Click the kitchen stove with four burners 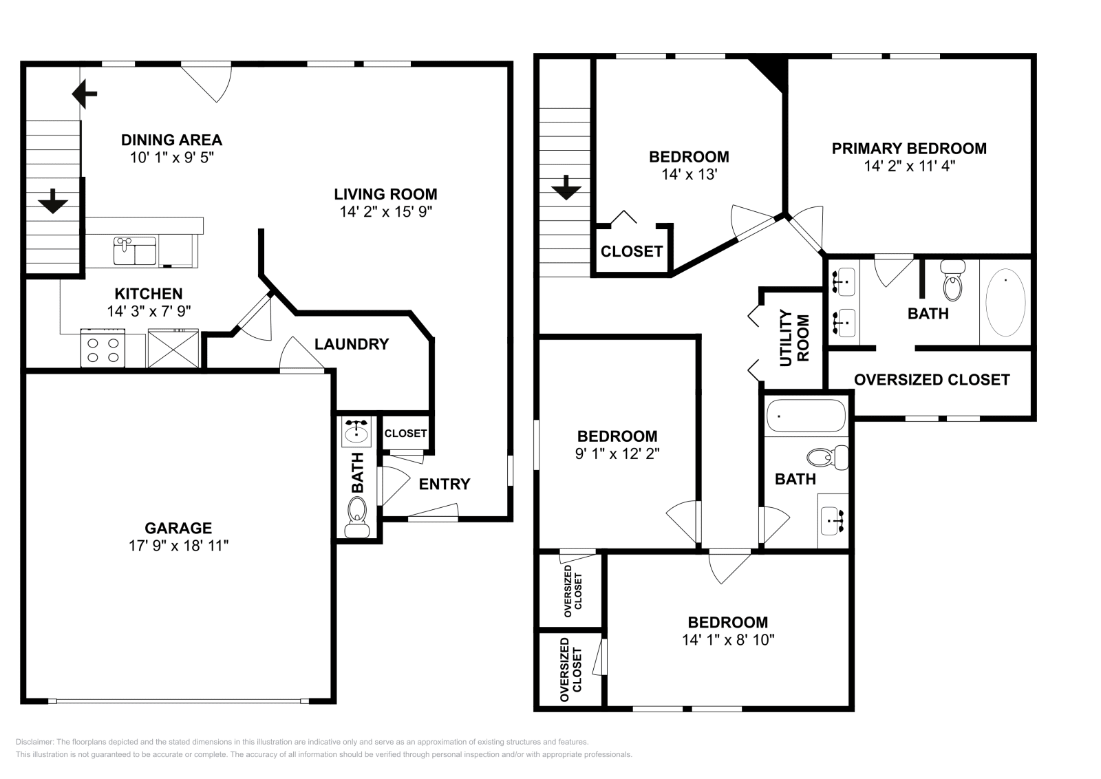103,348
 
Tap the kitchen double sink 135,251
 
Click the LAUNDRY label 352,344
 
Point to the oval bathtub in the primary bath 1005,301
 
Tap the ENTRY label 445,484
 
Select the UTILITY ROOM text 793,338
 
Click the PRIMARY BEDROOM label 909,148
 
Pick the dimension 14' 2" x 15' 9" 385,212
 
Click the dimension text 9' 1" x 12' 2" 617,454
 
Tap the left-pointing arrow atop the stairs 85,94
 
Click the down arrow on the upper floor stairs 566,187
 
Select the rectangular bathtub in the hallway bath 805,416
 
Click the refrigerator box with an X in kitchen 173,348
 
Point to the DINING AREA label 171,140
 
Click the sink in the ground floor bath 356,432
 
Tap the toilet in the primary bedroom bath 953,283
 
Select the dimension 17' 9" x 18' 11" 178,546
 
